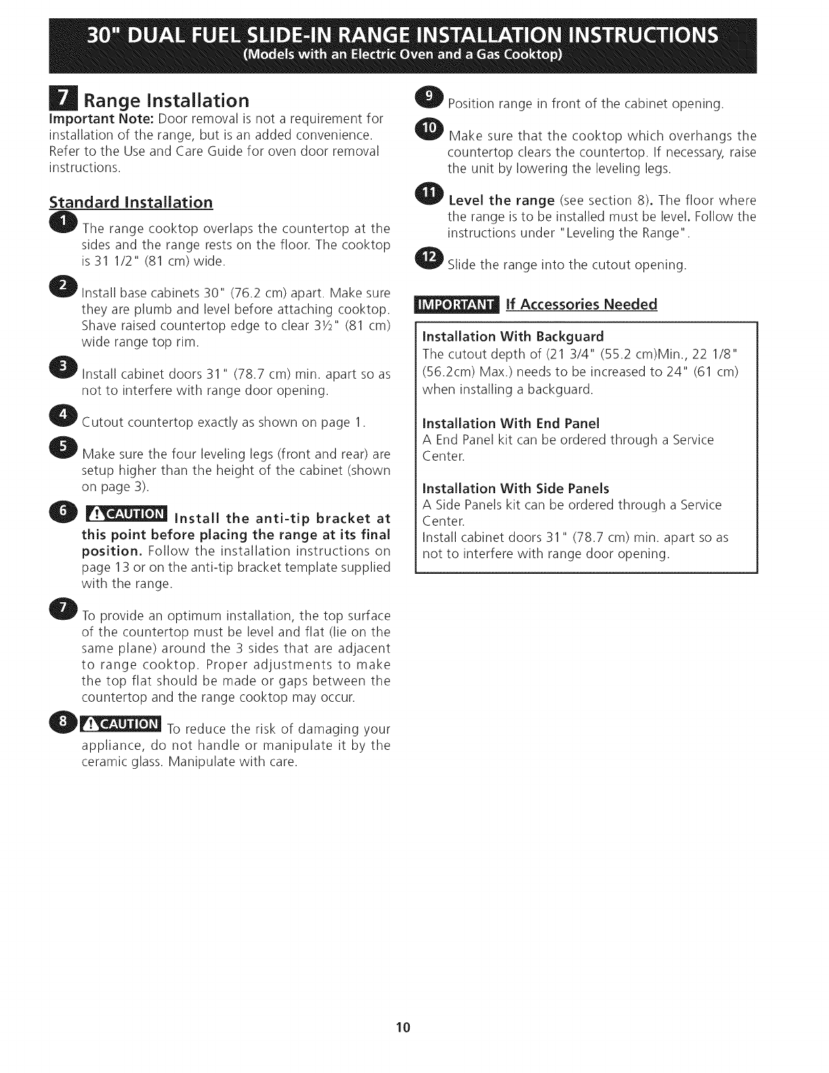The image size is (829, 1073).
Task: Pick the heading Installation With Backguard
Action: [x=513, y=337]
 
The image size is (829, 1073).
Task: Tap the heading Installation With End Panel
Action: [x=511, y=423]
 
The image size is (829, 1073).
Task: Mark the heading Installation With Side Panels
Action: [x=515, y=488]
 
